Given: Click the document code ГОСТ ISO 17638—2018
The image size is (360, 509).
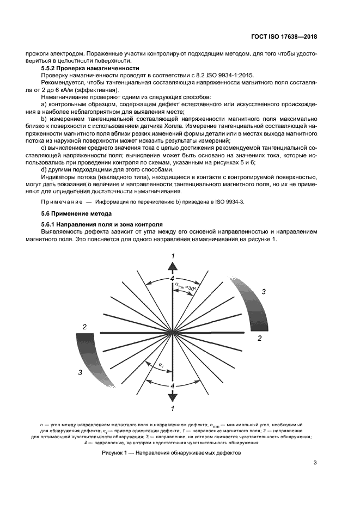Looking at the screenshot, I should [x=284, y=37].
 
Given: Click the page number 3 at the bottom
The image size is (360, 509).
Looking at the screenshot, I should [x=315, y=463].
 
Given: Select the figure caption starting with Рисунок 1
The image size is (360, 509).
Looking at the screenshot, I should [x=172, y=452].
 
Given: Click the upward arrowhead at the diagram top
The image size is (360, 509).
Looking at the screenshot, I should [x=173, y=266].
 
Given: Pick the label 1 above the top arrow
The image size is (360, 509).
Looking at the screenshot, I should [x=173, y=256].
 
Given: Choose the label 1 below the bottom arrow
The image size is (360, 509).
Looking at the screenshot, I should [x=173, y=408].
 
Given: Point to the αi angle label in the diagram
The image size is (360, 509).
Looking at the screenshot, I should [x=161, y=365].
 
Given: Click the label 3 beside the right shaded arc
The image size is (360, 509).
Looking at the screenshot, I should [x=264, y=292].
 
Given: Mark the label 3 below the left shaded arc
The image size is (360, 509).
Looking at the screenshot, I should [x=80, y=372].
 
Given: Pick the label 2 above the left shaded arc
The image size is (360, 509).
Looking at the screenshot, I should [x=84, y=327].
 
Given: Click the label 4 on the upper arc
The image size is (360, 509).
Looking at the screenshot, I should [x=173, y=279].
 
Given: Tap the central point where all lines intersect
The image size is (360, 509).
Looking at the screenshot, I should [x=173, y=332].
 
